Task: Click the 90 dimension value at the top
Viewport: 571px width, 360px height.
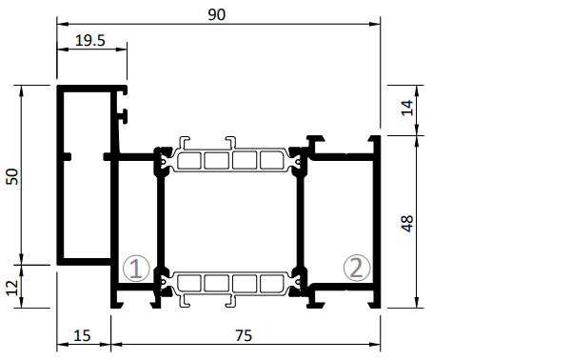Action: (x=217, y=14)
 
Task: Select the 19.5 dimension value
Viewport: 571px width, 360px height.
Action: (x=90, y=40)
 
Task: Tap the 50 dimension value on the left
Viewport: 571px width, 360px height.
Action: (x=12, y=177)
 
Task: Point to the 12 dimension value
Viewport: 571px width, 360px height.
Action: (x=12, y=288)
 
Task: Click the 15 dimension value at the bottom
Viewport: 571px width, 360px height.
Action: (x=82, y=335)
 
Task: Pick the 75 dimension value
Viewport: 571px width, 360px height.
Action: (x=244, y=335)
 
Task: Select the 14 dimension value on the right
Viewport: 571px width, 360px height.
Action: (x=407, y=108)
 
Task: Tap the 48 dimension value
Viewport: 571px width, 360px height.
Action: (x=407, y=224)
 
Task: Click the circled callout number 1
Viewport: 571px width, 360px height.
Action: (x=136, y=269)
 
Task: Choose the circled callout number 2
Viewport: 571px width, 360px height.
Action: (x=357, y=268)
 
